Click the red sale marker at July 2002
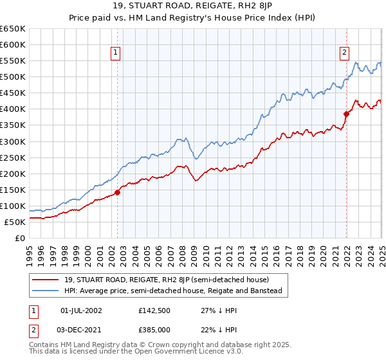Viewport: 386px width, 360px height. click(x=118, y=192)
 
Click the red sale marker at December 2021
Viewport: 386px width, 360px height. click(x=346, y=114)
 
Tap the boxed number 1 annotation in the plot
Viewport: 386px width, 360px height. click(x=116, y=53)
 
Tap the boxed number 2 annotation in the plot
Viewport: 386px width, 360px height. click(x=345, y=53)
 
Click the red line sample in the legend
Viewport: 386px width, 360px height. click(x=46, y=280)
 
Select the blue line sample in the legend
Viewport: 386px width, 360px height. click(x=46, y=291)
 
